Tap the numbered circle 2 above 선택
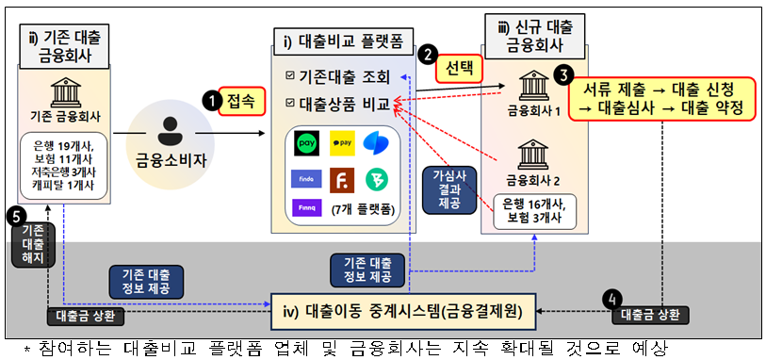pos(430,57)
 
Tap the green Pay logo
pos(305,144)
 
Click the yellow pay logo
pos(341,144)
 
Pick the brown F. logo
pos(341,179)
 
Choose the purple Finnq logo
pos(306,211)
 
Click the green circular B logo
pos(376,179)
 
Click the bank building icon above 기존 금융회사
pos(66,95)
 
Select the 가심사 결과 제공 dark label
pos(444,190)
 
